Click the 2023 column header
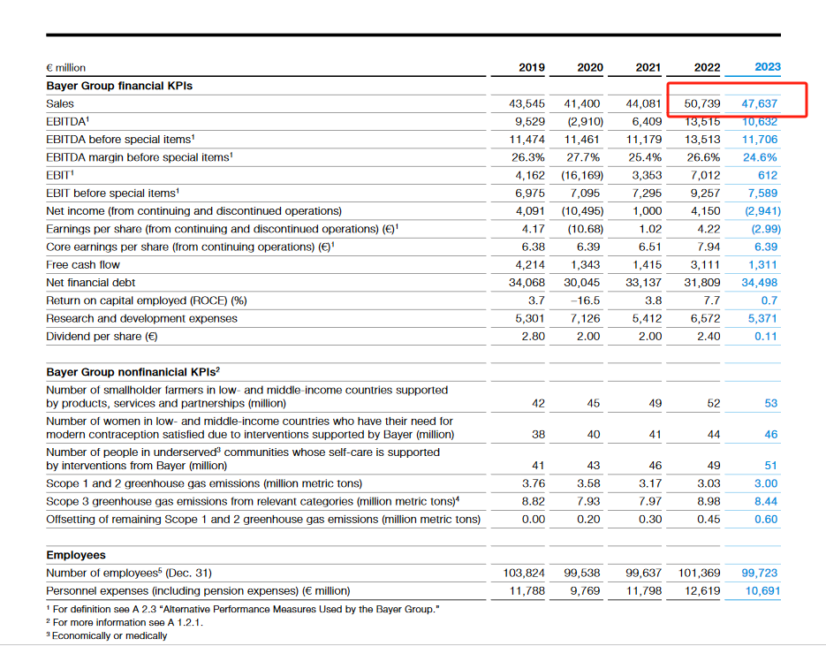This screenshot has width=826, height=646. pyautogui.click(x=768, y=67)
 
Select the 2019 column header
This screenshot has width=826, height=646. pyautogui.click(x=532, y=67)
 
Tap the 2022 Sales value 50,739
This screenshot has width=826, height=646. pyautogui.click(x=702, y=103)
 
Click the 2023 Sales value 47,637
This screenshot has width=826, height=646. pyautogui.click(x=759, y=103)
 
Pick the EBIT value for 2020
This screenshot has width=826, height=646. pyautogui.click(x=582, y=175)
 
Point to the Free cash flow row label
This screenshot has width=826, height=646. pyautogui.click(x=83, y=264)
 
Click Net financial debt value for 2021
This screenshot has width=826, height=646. pyautogui.click(x=643, y=283)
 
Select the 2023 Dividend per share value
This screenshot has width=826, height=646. pyautogui.click(x=765, y=336)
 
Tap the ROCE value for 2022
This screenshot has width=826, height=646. pyautogui.click(x=712, y=300)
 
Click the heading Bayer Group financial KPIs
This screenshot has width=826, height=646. pyautogui.click(x=119, y=86)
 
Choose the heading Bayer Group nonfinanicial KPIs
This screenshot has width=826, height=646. pyautogui.click(x=133, y=372)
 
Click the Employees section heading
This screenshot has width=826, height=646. pyautogui.click(x=76, y=555)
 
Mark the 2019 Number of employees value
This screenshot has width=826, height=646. pyautogui.click(x=524, y=573)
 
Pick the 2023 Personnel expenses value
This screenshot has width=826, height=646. pyautogui.click(x=762, y=590)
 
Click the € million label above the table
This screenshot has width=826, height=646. pyautogui.click(x=66, y=67)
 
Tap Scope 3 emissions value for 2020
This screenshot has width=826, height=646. pyautogui.click(x=588, y=501)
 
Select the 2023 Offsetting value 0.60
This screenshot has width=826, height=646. pyautogui.click(x=765, y=519)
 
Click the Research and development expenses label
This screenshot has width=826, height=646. pyautogui.click(x=141, y=318)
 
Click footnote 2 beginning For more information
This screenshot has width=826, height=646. pyautogui.click(x=125, y=622)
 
